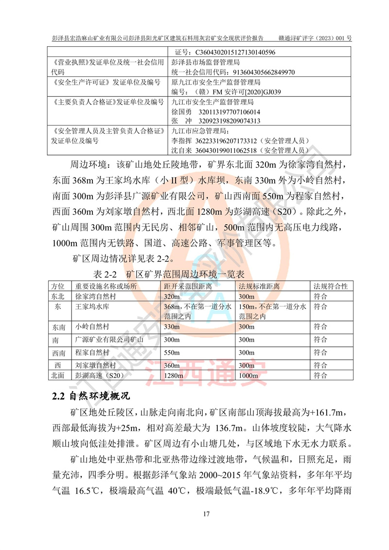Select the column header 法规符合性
[x=331, y=286]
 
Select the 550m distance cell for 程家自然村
[x=172, y=352]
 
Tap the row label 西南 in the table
[x=58, y=352]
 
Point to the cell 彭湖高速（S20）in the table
[x=98, y=375]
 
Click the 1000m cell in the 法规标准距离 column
[x=249, y=375]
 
